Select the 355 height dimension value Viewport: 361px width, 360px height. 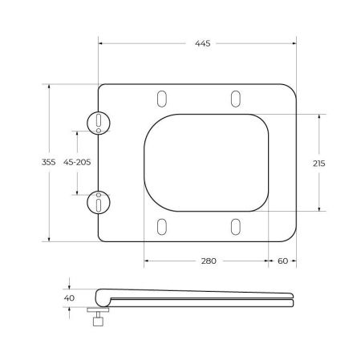coord(48,162)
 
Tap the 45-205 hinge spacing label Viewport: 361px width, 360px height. coord(77,162)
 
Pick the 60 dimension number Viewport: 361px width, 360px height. coord(282,261)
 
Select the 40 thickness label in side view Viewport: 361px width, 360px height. coord(69,297)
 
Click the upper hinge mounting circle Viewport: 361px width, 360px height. coord(97,121)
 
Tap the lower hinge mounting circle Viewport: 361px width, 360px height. coord(97,203)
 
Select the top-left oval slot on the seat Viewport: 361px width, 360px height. coord(162,98)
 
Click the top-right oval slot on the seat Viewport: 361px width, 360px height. coord(235,98)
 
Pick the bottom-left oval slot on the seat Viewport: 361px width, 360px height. coord(162,226)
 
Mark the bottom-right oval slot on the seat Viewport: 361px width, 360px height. coord(235,226)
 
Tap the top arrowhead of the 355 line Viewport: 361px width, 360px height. coord(49,85)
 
